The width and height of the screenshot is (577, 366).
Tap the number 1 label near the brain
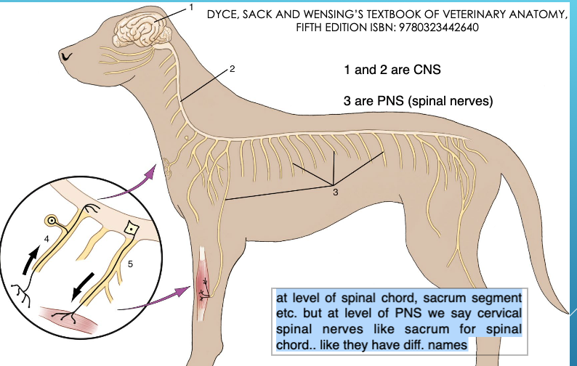point(191,7)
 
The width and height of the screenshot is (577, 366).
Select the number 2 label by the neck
point(232,70)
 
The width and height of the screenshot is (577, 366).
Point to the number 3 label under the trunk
point(336,192)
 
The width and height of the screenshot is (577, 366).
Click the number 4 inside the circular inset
point(45,237)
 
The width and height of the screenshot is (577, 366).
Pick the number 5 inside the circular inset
point(130,265)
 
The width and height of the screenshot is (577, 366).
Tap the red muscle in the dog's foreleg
point(203,287)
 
